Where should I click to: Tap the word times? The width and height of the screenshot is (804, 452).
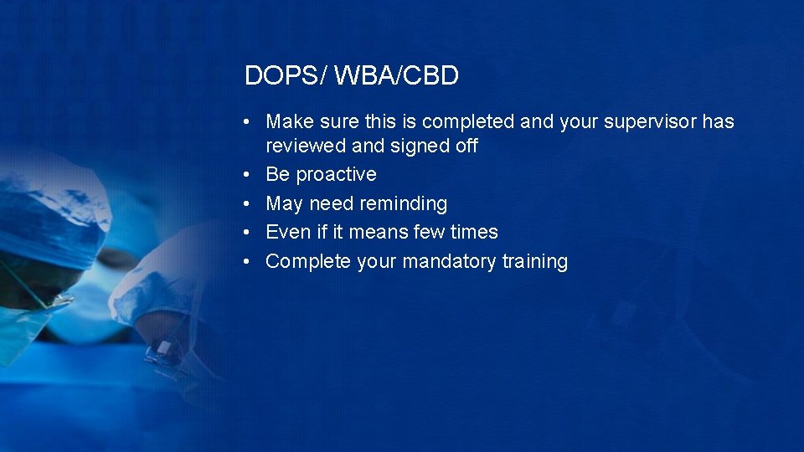(473, 232)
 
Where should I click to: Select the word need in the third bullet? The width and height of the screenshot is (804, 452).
(331, 203)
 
